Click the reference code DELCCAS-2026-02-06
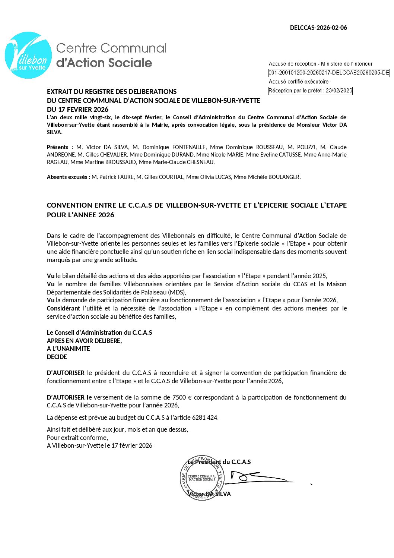click(318, 28)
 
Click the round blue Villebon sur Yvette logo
click(28, 55)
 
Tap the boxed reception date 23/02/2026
click(310, 91)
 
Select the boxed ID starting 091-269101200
click(329, 73)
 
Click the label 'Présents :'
click(60, 147)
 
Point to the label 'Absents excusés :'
click(69, 177)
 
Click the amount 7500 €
click(182, 397)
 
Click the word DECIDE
click(57, 357)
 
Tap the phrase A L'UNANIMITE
click(69, 349)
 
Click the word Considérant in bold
click(63, 308)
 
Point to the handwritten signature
click(257, 478)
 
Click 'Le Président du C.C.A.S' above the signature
click(219, 462)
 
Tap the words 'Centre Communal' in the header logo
click(111, 48)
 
